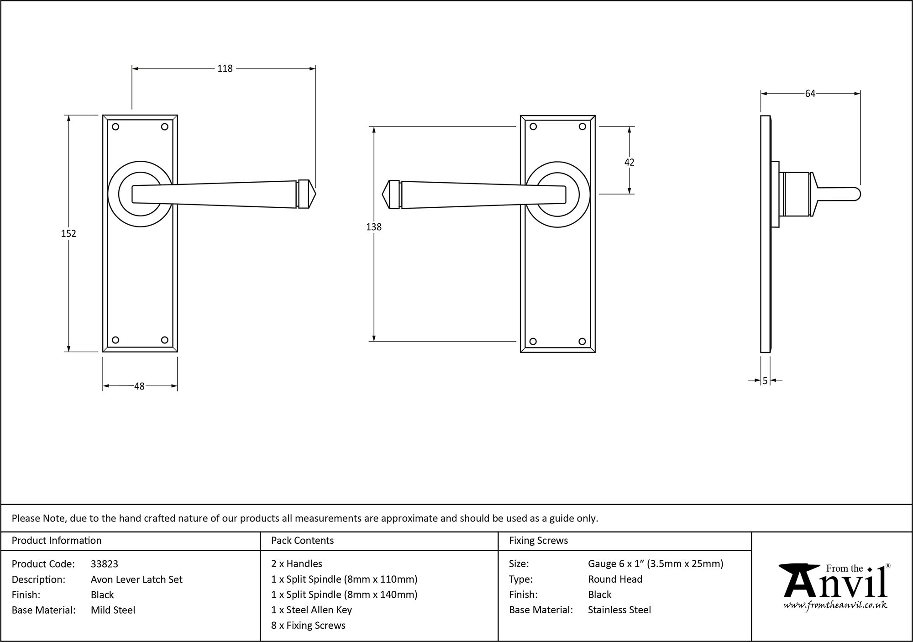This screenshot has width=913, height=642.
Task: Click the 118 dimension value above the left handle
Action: [x=225, y=68]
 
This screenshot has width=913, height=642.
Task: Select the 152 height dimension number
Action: [x=68, y=233]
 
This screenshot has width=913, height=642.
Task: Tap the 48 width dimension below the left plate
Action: [x=139, y=386]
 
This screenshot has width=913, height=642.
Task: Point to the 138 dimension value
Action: [x=373, y=226]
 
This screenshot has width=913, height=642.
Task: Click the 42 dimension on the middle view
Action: [x=629, y=162]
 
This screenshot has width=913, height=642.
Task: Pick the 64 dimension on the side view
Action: [x=810, y=94]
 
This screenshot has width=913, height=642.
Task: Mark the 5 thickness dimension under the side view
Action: [x=765, y=380]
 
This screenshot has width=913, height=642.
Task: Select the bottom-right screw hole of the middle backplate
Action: [x=582, y=341]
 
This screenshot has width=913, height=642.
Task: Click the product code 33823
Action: [x=105, y=564]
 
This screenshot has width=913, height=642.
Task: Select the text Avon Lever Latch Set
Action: [x=136, y=579]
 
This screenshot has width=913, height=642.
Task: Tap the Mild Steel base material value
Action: [x=113, y=610]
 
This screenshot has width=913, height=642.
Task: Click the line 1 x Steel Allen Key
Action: [x=311, y=610]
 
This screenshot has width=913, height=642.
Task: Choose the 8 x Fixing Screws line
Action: [x=308, y=626]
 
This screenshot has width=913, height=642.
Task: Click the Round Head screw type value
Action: [x=615, y=579]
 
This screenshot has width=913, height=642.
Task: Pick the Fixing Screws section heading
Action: [x=538, y=541]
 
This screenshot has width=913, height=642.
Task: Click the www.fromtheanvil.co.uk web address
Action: [x=835, y=605]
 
